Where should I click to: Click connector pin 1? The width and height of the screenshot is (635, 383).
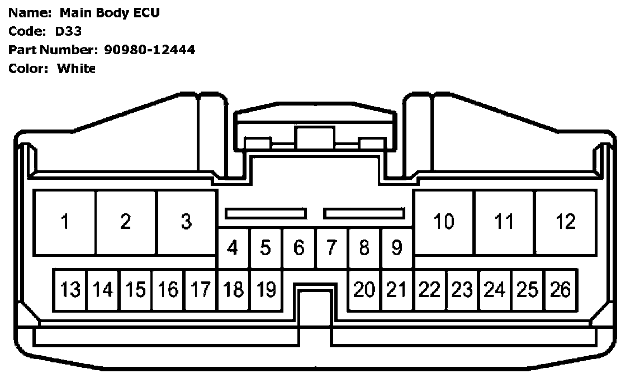[65, 222]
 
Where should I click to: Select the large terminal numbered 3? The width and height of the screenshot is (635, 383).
[187, 222]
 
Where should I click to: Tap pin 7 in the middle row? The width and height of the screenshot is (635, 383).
[331, 247]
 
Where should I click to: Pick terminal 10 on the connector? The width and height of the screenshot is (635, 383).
[444, 222]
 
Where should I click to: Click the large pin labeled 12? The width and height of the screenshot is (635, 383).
[566, 222]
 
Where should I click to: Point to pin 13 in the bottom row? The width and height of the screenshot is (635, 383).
[70, 290]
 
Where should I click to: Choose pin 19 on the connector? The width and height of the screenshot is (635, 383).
[267, 290]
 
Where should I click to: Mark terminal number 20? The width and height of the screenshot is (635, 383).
[364, 290]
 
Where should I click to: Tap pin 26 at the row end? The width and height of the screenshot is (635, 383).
[561, 290]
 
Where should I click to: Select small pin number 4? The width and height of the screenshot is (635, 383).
[233, 247]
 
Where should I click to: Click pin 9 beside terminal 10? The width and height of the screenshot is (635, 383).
[397, 247]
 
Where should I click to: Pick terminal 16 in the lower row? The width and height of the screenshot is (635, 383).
[168, 290]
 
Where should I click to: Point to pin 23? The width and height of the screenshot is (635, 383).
[462, 290]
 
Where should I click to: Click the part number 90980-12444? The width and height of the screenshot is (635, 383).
[150, 50]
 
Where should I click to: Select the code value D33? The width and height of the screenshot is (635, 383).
[68, 31]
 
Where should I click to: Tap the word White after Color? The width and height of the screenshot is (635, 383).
[77, 69]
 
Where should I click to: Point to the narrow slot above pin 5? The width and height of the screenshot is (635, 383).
[266, 213]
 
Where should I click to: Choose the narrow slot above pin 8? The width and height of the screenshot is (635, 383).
[364, 213]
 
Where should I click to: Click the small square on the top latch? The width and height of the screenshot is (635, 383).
[315, 138]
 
